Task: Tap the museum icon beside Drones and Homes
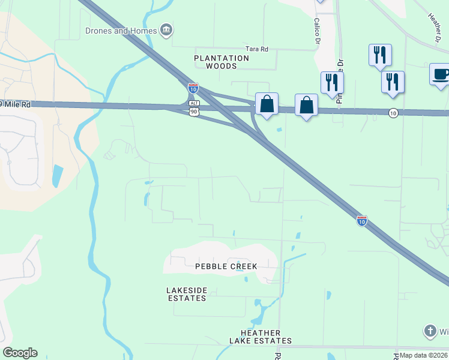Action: (166, 30)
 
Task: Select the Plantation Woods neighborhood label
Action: (221, 62)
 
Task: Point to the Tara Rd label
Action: (256, 49)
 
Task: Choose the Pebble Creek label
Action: (226, 266)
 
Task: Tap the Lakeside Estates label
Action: (187, 294)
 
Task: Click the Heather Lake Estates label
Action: (261, 337)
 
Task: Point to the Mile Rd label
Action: (16, 104)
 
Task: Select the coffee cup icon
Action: (440, 74)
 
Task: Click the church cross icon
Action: (430, 330)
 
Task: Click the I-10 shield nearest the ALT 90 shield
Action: (193, 88)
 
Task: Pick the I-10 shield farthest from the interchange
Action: (361, 221)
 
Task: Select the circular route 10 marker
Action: (393, 113)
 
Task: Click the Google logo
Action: (20, 353)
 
